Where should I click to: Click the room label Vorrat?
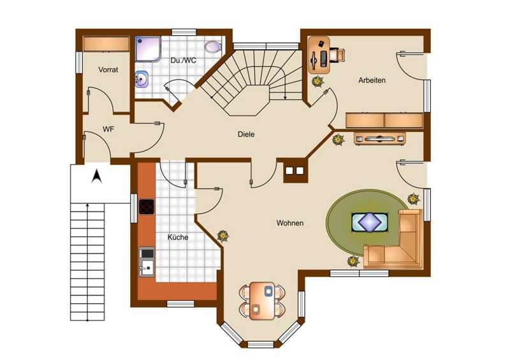click(108, 69)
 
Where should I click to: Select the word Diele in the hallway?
click(246, 134)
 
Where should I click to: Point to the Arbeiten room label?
click(372, 80)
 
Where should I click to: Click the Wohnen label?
click(290, 223)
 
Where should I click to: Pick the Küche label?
click(178, 237)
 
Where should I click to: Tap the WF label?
click(108, 129)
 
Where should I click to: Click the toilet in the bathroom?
click(213, 47)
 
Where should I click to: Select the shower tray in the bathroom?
click(148, 49)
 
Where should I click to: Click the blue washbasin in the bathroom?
click(142, 79)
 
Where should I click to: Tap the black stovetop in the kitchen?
click(147, 207)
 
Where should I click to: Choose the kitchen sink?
click(147, 262)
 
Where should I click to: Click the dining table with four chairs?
click(262, 301)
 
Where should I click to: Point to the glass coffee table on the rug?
click(370, 222)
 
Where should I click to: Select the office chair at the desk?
click(338, 54)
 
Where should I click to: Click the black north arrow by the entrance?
click(97, 176)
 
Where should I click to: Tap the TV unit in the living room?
click(379, 138)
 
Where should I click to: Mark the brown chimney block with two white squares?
click(295, 170)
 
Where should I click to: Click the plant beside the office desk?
click(317, 82)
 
